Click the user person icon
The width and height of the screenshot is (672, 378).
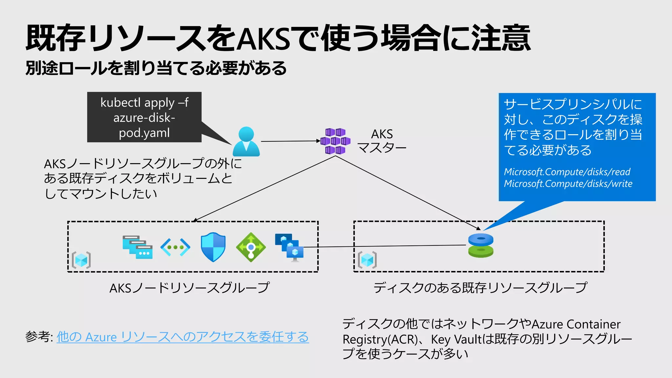[x=246, y=142]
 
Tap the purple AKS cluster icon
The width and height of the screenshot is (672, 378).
[x=335, y=141]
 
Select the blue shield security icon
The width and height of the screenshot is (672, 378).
[x=213, y=247]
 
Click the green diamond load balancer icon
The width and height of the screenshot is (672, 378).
[x=251, y=247]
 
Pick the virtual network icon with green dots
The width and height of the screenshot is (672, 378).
[x=175, y=247]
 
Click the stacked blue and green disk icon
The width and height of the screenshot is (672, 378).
[x=481, y=246]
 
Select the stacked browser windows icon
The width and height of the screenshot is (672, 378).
[x=137, y=247]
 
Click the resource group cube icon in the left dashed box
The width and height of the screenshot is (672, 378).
[x=81, y=261]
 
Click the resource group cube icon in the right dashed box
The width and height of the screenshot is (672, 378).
[x=367, y=261]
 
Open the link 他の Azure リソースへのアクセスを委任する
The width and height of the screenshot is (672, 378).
[x=183, y=337]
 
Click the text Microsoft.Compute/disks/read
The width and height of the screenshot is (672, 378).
[x=567, y=172]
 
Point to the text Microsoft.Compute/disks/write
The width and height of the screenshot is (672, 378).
[x=568, y=184]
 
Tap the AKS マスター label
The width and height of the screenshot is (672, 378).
[x=382, y=141]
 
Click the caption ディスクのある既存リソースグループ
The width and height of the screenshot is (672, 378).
[x=480, y=288]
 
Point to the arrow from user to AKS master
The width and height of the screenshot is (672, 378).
[x=290, y=141]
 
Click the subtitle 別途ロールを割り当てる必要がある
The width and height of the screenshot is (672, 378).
[x=156, y=68]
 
